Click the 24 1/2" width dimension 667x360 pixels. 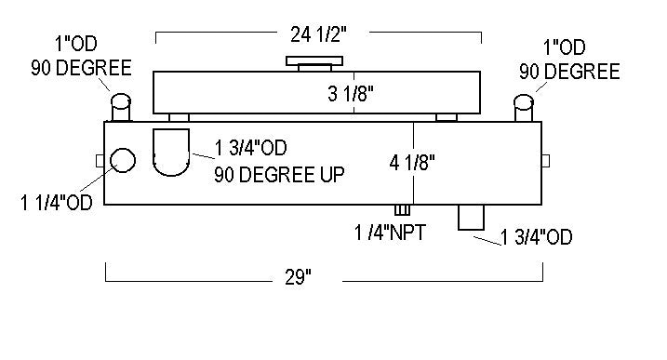click(318, 34)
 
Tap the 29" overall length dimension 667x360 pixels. click(298, 277)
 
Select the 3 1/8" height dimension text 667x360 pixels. click(351, 94)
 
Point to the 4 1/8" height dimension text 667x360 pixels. click(412, 163)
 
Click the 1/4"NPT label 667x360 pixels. click(390, 233)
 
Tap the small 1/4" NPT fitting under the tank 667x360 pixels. click(402, 210)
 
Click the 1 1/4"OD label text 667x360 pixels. click(56, 203)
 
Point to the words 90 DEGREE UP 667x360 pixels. click(279, 175)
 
